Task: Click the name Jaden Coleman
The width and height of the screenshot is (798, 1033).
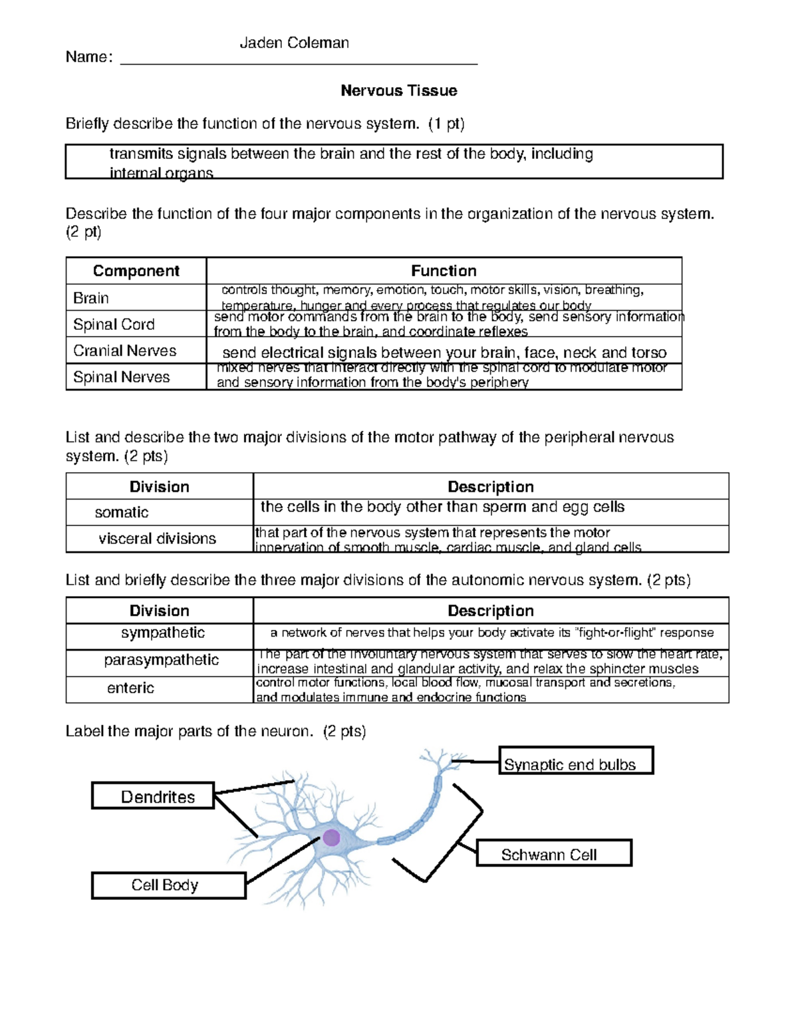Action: tap(294, 43)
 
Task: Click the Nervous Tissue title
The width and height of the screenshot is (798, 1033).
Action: tap(398, 90)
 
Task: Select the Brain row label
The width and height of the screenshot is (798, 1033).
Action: tap(91, 298)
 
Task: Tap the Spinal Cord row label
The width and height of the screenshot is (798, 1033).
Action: tap(114, 324)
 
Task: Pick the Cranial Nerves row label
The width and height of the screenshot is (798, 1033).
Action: tap(124, 351)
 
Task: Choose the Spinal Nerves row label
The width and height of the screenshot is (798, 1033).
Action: tap(121, 377)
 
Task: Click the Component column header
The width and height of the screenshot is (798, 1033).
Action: tap(136, 271)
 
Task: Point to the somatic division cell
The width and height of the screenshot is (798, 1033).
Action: tap(122, 512)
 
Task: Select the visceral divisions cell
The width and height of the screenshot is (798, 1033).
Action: tap(157, 539)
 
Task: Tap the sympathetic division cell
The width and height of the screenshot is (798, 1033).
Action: tap(162, 633)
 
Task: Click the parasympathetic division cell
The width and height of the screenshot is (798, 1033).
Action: tap(161, 660)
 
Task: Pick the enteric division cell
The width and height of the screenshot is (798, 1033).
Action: tap(130, 688)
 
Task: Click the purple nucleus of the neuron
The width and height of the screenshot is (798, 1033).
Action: tap(331, 837)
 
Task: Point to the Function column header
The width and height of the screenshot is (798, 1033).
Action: tap(444, 271)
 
